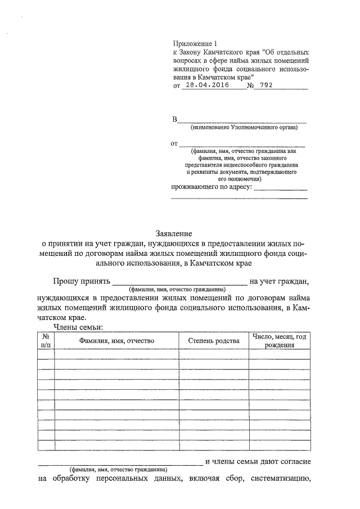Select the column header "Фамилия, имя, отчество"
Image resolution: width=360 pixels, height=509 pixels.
[116, 341]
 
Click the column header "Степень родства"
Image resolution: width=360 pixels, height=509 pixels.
[214, 341]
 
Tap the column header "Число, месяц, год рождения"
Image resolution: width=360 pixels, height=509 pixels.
[279, 341]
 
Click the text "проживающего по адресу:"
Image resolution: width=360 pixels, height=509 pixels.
[211, 187]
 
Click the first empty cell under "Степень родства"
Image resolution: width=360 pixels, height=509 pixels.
[214, 354]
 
